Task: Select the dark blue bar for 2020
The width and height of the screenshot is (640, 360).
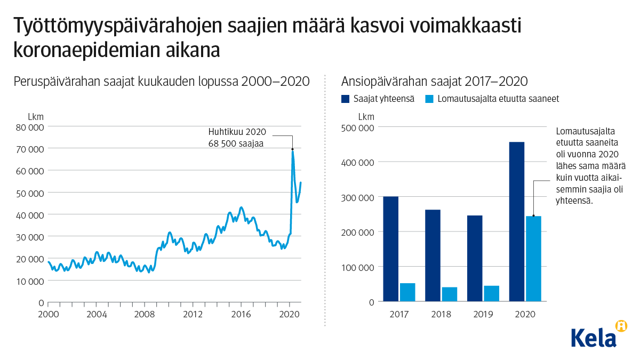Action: pos(517,221)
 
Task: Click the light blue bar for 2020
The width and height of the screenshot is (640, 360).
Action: pos(533,259)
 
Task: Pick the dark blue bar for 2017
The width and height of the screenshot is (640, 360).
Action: pos(391,249)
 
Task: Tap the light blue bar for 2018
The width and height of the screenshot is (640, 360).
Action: pos(450,294)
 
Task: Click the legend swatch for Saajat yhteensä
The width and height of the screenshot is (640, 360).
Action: pos(346,99)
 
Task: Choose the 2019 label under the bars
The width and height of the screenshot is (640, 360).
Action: pos(483,314)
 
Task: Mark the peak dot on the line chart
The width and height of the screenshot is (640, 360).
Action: pos(292,149)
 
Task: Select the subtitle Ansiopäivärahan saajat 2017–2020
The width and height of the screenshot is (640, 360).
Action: pos(434,82)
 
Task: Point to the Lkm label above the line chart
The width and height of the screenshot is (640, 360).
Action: pos(36,116)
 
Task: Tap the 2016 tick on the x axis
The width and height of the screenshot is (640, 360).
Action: pos(241,314)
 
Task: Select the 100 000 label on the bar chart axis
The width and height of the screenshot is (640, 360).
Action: pos(358,267)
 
